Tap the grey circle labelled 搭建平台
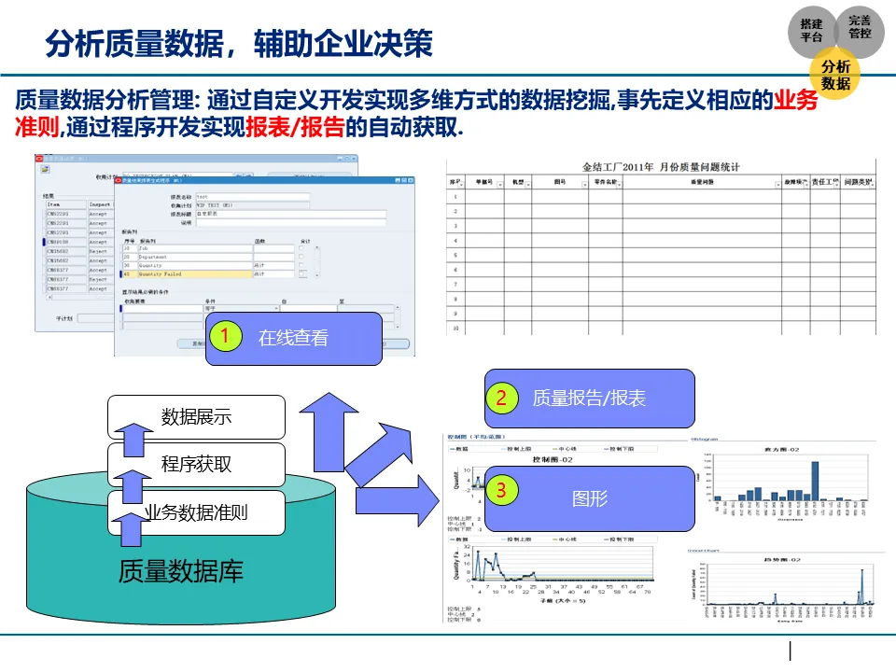point(811,31)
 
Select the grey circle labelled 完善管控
point(860,27)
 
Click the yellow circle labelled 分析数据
point(835,75)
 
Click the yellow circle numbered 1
point(225,337)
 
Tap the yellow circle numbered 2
point(501,398)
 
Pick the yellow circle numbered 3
point(501,489)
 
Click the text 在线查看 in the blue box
point(293,338)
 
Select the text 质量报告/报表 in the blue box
point(588,398)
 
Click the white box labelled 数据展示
point(196,416)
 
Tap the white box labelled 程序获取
point(196,464)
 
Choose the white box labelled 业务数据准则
point(196,511)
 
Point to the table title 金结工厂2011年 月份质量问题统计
point(661,166)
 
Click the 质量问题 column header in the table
point(701,183)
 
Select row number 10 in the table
point(455,329)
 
